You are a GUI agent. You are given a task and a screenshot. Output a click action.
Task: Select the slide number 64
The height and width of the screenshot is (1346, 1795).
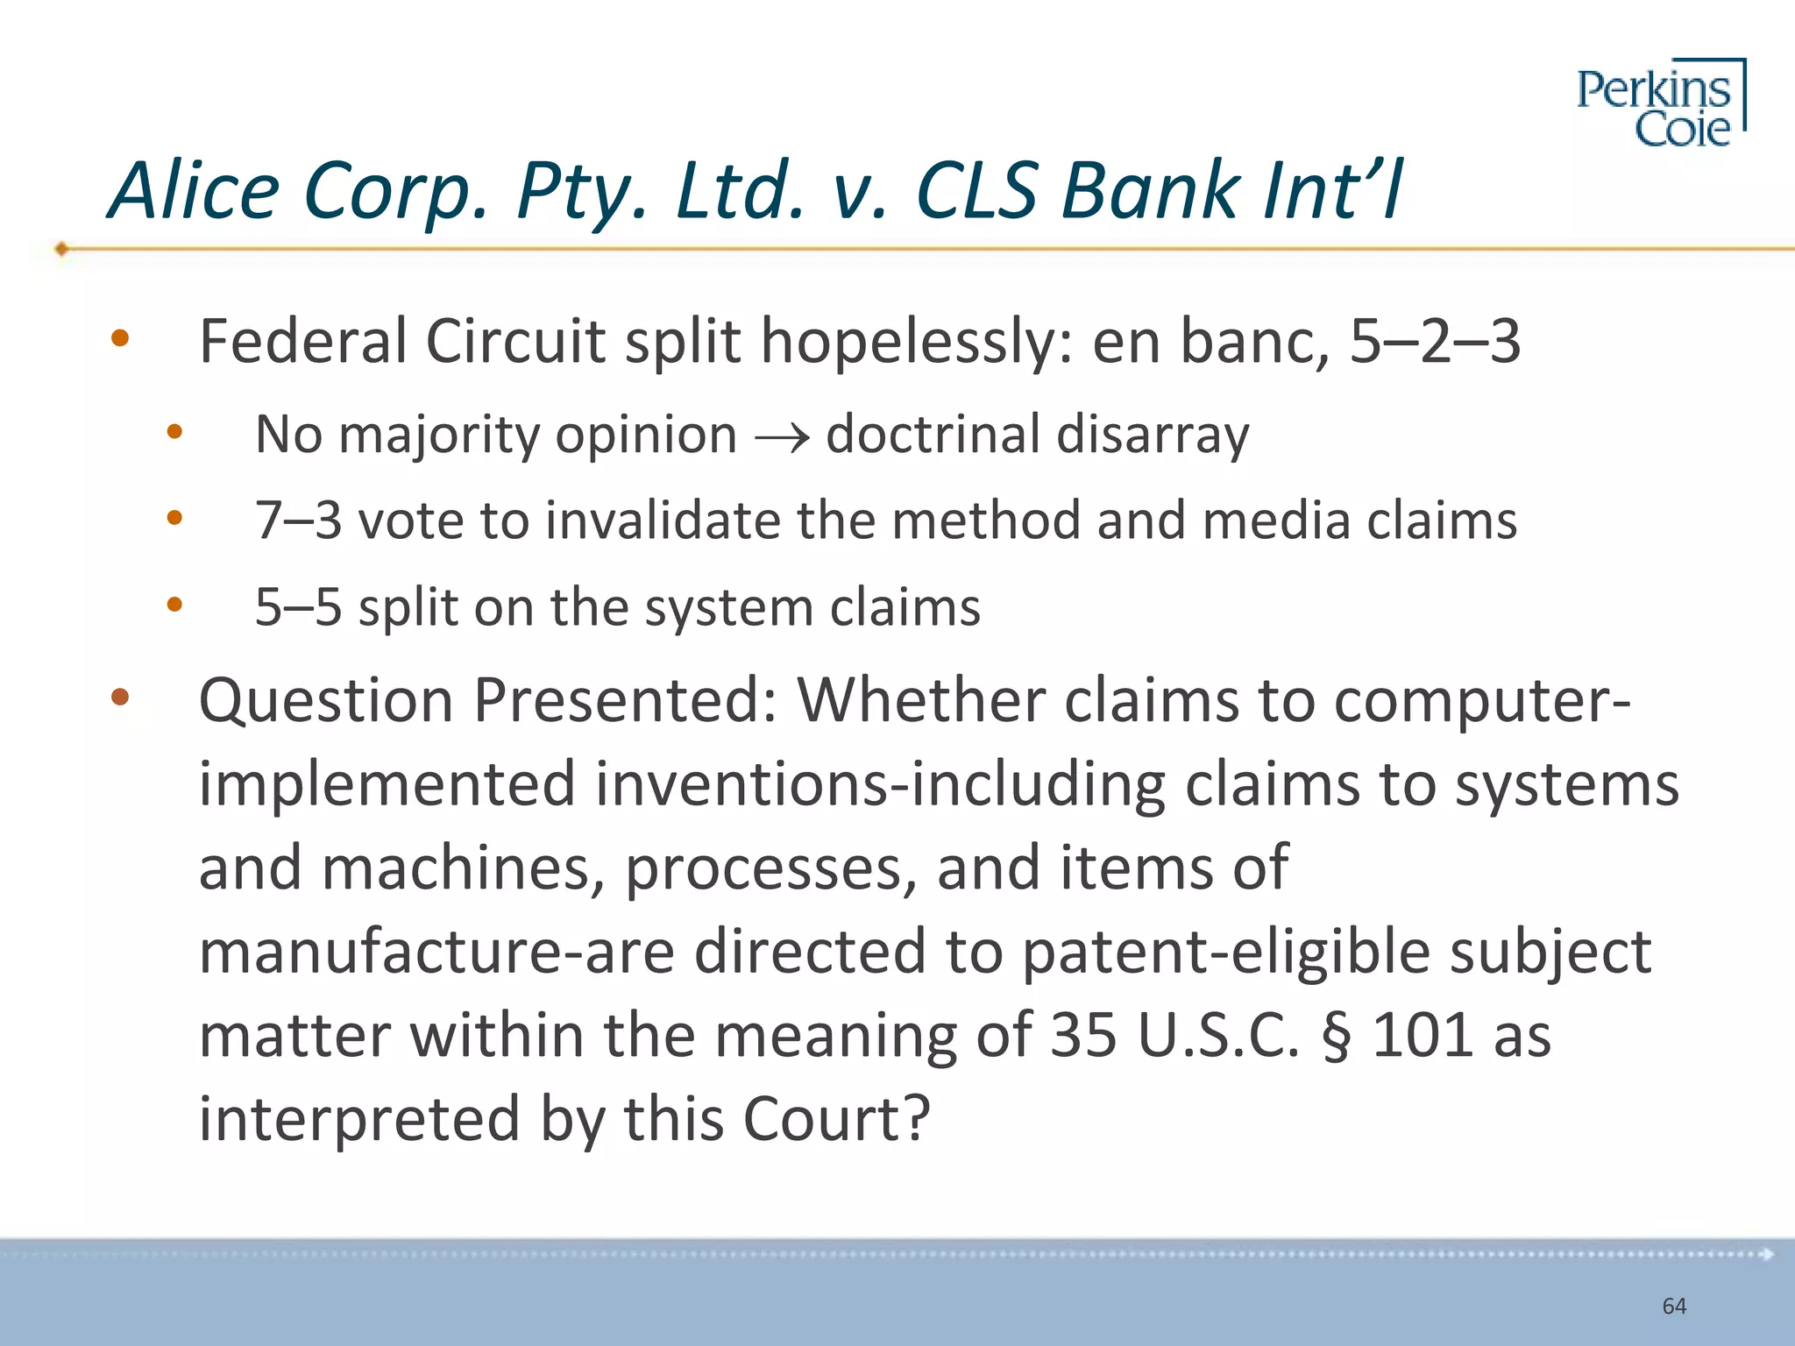pyautogui.click(x=1674, y=1306)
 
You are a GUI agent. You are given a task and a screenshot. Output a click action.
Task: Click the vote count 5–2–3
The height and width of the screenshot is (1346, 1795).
pyautogui.click(x=1435, y=342)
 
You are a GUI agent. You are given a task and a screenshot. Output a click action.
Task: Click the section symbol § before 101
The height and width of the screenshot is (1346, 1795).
pyautogui.click(x=1336, y=1037)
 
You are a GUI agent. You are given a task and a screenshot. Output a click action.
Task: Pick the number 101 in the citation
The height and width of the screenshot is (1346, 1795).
pyautogui.click(x=1420, y=1037)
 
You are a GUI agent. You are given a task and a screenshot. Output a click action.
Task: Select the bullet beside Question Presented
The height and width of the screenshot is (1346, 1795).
pyautogui.click(x=120, y=698)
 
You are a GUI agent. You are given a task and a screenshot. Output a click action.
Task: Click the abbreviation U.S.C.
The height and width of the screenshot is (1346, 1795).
pyautogui.click(x=1218, y=1037)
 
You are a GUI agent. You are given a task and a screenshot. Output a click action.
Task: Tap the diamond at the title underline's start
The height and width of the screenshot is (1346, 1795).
pyautogui.click(x=61, y=249)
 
